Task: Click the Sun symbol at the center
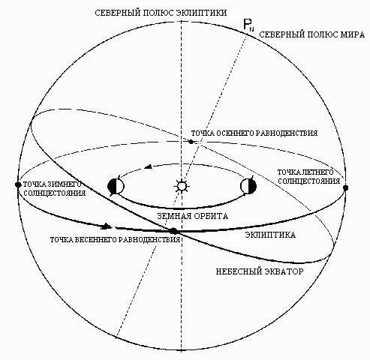(182, 186)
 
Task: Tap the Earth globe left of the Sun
(116, 186)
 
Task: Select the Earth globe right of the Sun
(248, 186)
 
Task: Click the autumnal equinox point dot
(191, 142)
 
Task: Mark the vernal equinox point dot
(173, 231)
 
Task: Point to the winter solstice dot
(18, 184)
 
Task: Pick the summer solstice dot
(345, 187)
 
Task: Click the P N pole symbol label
(248, 25)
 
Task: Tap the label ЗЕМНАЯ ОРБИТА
(192, 216)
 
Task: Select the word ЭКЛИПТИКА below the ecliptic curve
(270, 235)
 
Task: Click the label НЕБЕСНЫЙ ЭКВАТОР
(260, 271)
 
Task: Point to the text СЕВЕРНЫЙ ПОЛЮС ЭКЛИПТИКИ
(161, 13)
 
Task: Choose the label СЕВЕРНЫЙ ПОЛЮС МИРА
(311, 34)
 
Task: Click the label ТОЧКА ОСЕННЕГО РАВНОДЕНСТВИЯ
(254, 133)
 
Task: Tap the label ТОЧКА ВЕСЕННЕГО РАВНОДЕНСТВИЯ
(116, 240)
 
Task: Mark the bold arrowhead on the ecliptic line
(107, 226)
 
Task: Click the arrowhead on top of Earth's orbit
(149, 166)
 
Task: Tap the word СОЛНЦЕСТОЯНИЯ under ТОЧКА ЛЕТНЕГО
(309, 181)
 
